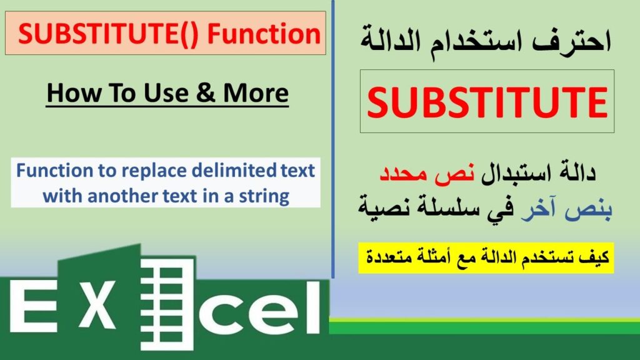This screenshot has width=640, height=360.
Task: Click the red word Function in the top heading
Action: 264,33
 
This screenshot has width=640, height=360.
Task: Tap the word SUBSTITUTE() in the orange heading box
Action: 109,34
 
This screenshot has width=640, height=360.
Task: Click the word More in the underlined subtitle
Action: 256,92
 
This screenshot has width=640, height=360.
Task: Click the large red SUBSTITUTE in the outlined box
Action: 487,102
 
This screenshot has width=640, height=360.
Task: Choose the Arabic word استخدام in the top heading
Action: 476,41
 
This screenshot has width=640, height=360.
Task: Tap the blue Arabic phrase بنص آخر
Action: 566,209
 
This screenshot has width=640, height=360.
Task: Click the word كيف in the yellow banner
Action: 594,257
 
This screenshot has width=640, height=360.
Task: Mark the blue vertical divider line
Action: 332,139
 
